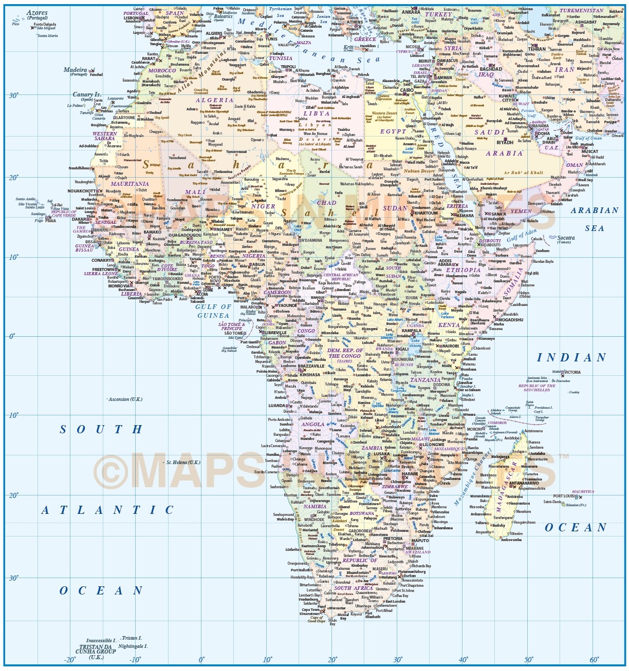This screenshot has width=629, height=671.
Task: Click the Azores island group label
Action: click(x=37, y=13)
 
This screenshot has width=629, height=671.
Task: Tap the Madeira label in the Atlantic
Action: click(x=75, y=69)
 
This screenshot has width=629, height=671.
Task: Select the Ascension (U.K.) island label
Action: click(x=126, y=399)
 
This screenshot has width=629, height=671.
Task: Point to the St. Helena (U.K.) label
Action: click(x=183, y=462)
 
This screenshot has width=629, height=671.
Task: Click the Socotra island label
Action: click(x=566, y=238)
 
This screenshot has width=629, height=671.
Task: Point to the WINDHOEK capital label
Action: click(x=314, y=520)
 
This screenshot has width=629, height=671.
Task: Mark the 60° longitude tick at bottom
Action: click(x=594, y=660)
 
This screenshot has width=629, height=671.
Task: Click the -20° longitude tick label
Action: click(x=69, y=660)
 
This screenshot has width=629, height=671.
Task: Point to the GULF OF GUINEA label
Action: click(x=213, y=311)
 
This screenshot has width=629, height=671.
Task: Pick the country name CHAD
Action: click(x=326, y=203)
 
